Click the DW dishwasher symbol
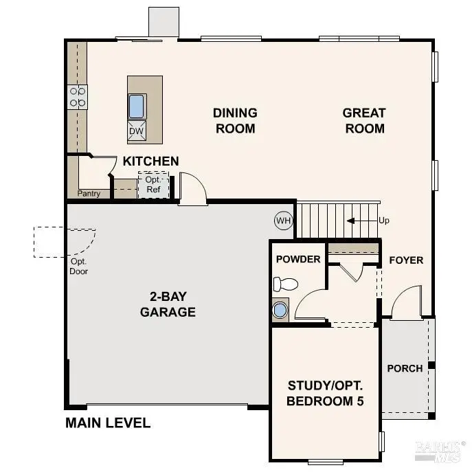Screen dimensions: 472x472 [x=136, y=131]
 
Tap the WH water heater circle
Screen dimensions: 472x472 [x=283, y=221]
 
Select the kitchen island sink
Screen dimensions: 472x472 [x=137, y=107]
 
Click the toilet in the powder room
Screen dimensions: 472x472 [x=284, y=283]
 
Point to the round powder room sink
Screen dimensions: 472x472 [x=280, y=310]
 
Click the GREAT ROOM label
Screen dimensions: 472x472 [x=364, y=120]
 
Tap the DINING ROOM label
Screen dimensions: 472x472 [x=235, y=120]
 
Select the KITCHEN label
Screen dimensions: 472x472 [x=150, y=161]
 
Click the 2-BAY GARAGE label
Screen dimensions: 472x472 [x=168, y=304]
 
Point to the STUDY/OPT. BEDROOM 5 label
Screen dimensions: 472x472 [x=325, y=393]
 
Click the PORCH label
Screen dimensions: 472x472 [x=405, y=368]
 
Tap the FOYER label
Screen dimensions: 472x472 [x=406, y=260]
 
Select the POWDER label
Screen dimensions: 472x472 [x=298, y=259]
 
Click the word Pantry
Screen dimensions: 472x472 [x=89, y=194]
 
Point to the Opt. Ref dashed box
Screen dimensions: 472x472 [x=153, y=186]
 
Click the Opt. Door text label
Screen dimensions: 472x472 [x=79, y=266]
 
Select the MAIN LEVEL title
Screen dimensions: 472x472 [x=108, y=423]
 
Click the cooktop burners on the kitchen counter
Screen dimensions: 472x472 [x=77, y=96]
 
